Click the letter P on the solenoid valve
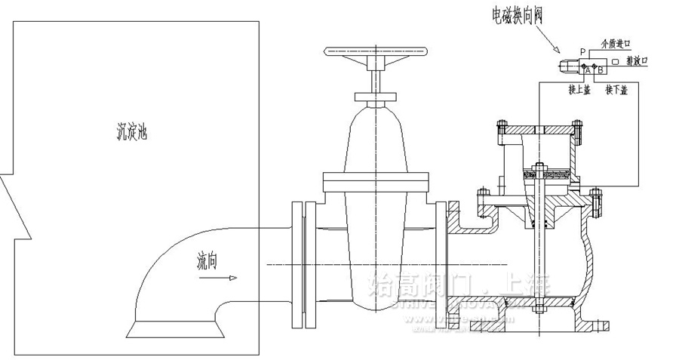pos(582,52)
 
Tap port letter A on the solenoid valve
pos(587,69)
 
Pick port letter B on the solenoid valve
pos(600,69)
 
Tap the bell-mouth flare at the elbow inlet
pos(176,328)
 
